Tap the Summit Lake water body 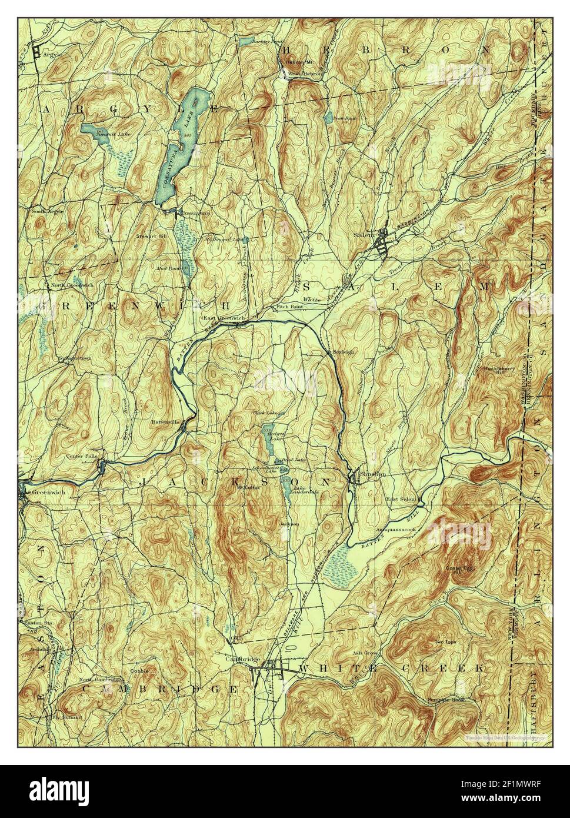click(x=94, y=128)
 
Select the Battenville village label click(x=167, y=421)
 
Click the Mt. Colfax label click(x=248, y=487)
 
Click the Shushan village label click(x=374, y=474)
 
